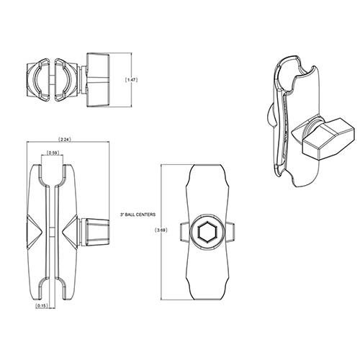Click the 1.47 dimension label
pos(132,80)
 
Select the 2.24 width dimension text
pos(65,139)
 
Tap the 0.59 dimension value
pos(53,153)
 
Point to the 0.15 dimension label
pos(41,305)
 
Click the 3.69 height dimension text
pos(161,230)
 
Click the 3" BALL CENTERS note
pos(138,215)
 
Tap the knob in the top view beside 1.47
pos(98,80)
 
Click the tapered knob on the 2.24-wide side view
pos(95,231)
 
